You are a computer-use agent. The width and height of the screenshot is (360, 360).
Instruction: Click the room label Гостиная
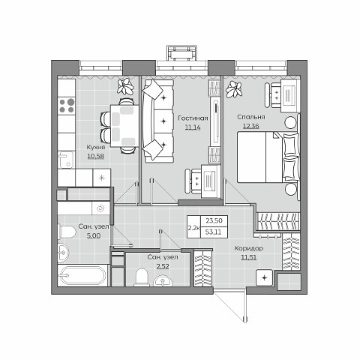coord(193,118)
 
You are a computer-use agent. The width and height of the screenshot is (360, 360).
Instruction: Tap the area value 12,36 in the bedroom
coord(251,126)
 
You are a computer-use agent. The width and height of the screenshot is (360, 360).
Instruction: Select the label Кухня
coord(96,147)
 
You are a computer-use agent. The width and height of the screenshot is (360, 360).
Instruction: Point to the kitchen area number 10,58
coord(96,157)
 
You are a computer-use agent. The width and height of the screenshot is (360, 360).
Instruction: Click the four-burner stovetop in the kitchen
coord(67,106)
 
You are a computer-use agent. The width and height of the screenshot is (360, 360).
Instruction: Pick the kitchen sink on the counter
coord(66,160)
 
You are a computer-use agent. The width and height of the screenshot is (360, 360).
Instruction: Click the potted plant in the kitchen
coord(125,87)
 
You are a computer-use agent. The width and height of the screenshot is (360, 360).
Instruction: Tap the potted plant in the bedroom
coord(234,89)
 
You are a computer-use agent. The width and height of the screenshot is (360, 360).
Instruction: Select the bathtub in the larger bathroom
coord(82,275)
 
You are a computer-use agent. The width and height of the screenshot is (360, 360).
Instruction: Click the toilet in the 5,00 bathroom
coord(67,232)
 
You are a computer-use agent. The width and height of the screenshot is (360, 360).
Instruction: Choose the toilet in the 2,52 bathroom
coord(142,277)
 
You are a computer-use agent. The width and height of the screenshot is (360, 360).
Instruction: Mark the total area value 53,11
coord(213,232)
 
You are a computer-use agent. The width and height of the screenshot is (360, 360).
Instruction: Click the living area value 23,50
coord(214,220)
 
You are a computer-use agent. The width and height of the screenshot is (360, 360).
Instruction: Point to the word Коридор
coord(248,248)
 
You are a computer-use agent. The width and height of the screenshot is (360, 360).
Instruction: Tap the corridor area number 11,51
coord(249,257)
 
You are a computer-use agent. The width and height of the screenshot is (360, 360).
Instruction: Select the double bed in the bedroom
coord(268,157)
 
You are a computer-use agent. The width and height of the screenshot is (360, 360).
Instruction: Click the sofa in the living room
coord(157,121)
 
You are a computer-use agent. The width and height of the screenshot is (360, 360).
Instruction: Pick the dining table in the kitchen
coord(124,126)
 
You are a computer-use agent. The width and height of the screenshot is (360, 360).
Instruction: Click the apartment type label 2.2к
coord(193,227)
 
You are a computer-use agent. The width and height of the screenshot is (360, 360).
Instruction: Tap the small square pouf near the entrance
coord(264,277)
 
